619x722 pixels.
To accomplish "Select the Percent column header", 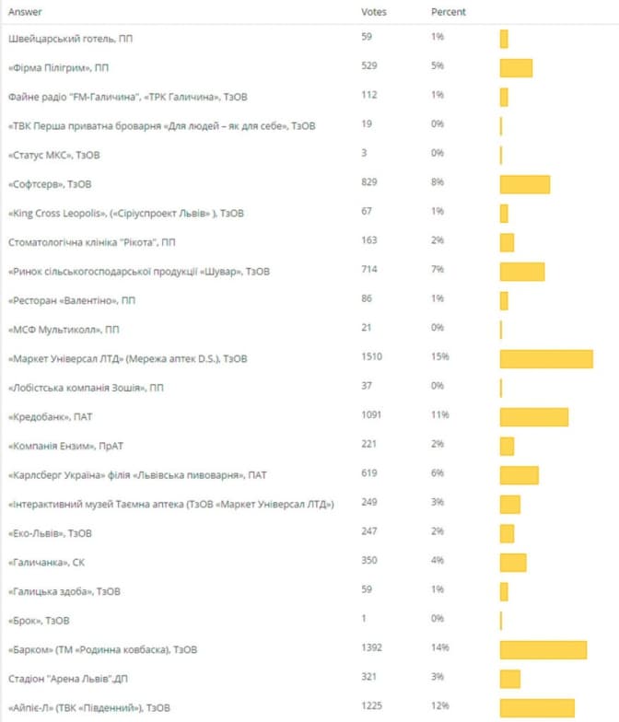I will [x=448, y=12].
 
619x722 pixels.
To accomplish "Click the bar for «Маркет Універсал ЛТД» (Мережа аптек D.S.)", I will [x=546, y=358].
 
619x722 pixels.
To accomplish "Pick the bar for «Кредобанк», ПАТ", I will [x=533, y=416].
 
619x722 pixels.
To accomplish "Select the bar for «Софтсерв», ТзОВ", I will [x=524, y=184].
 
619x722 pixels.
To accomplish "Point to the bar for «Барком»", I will [x=543, y=649].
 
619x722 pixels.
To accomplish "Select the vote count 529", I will [x=370, y=66].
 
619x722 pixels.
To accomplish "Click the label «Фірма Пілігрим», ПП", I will [x=58, y=67].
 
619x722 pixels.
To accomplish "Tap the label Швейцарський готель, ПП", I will [x=64, y=38].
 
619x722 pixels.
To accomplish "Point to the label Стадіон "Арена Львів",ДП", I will [x=67, y=678].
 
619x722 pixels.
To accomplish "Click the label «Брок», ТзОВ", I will [x=38, y=620].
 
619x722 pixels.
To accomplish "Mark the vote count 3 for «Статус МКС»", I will [x=365, y=154].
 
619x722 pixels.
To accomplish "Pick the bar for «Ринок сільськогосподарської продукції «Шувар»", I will [x=521, y=272].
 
